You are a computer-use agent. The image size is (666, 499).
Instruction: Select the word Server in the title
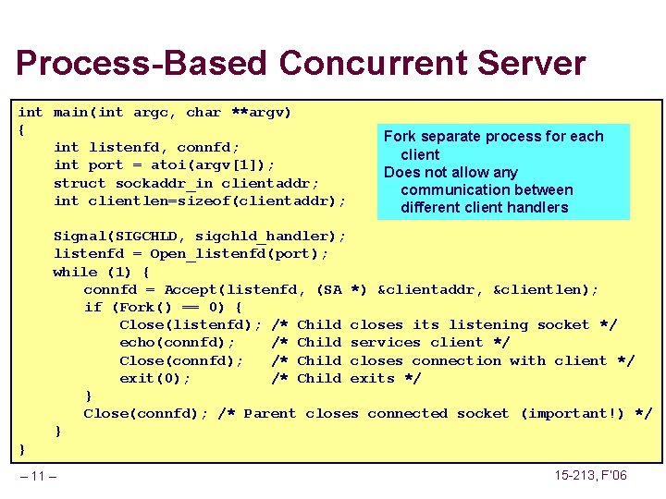coord(536,64)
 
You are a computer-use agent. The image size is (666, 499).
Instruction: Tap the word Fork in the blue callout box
coord(401,137)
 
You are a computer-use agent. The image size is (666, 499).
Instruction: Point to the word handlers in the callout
coord(536,208)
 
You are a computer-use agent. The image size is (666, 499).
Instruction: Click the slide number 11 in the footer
coord(38,476)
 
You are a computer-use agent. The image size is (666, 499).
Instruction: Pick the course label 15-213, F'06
coord(590,476)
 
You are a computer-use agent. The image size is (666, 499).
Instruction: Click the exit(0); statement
coord(155,379)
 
